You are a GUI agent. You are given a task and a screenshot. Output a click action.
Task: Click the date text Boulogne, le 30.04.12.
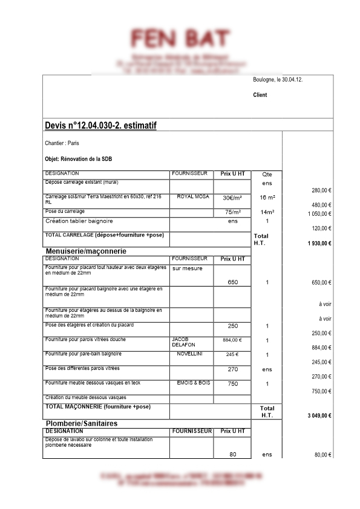pyautogui.click(x=278, y=80)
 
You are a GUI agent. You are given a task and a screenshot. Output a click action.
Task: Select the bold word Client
pyautogui.click(x=260, y=95)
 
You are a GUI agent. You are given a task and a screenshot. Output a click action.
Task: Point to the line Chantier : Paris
pyautogui.click(x=62, y=143)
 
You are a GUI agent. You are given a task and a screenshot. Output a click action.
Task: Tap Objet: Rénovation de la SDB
pyautogui.click(x=79, y=159)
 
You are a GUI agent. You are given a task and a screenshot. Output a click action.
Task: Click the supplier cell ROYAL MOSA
pyautogui.click(x=192, y=197)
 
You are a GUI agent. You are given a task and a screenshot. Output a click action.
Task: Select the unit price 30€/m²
pyautogui.click(x=232, y=198)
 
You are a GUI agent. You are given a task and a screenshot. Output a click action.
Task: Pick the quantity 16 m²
pyautogui.click(x=267, y=198)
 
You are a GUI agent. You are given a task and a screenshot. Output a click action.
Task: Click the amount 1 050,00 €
pyautogui.click(x=319, y=213)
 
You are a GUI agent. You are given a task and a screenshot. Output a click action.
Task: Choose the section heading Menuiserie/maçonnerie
pyautogui.click(x=90, y=250)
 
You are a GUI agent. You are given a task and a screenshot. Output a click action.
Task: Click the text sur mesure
pyautogui.click(x=188, y=268)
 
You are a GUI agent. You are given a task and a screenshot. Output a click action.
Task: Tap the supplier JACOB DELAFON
pyautogui.click(x=183, y=342)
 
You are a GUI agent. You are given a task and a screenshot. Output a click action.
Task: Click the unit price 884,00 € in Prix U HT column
pyautogui.click(x=232, y=340)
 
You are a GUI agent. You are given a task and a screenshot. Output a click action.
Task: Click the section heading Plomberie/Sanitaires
pyautogui.click(x=82, y=423)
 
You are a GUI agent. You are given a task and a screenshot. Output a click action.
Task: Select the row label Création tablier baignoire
pyautogui.click(x=79, y=221)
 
